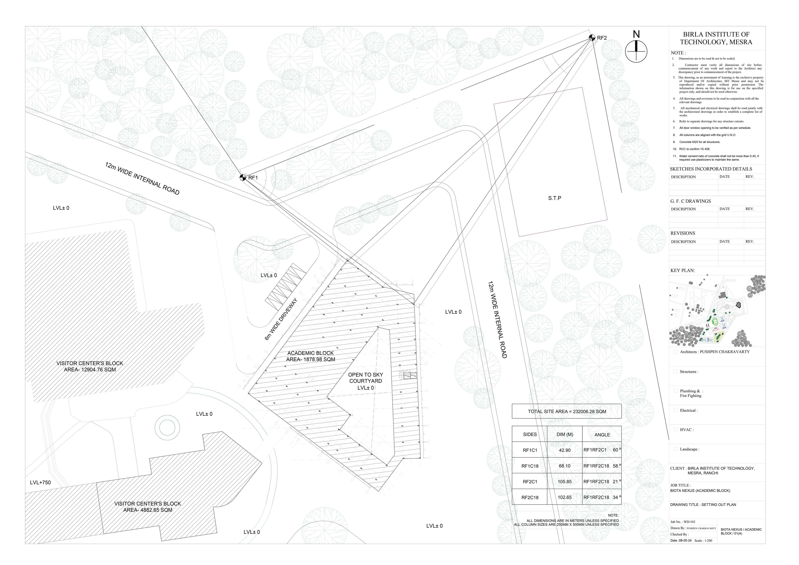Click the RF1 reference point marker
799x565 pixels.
243,177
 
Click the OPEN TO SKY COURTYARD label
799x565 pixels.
365,381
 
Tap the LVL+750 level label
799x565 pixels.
40,483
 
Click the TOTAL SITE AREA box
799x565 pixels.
567,411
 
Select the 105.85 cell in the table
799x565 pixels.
565,482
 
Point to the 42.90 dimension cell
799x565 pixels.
565,450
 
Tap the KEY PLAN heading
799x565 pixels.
682,270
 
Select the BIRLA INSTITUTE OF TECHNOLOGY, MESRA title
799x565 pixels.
716,38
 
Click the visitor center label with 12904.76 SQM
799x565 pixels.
90,366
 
